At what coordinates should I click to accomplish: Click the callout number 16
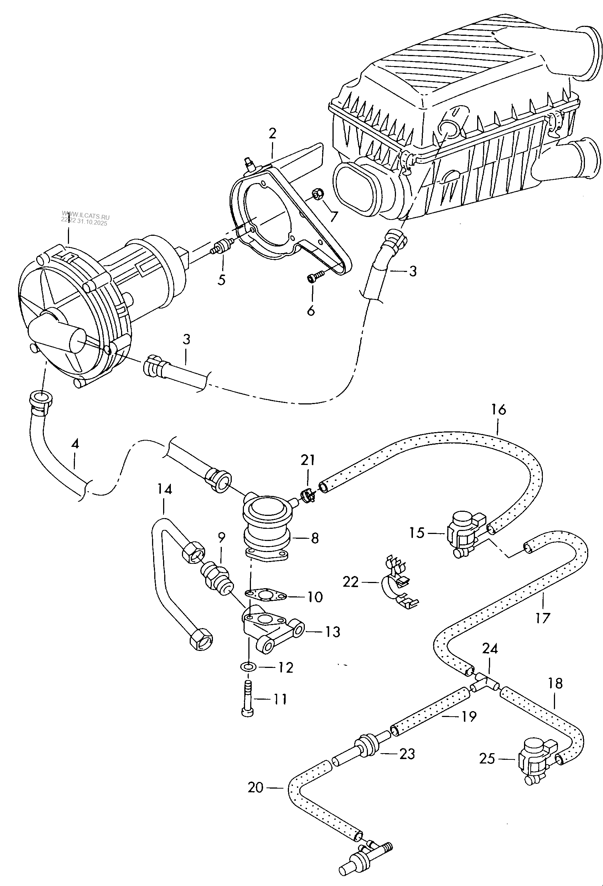[x=498, y=410]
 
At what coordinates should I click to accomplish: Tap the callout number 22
[x=350, y=582]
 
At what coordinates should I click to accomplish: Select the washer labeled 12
[x=248, y=667]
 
